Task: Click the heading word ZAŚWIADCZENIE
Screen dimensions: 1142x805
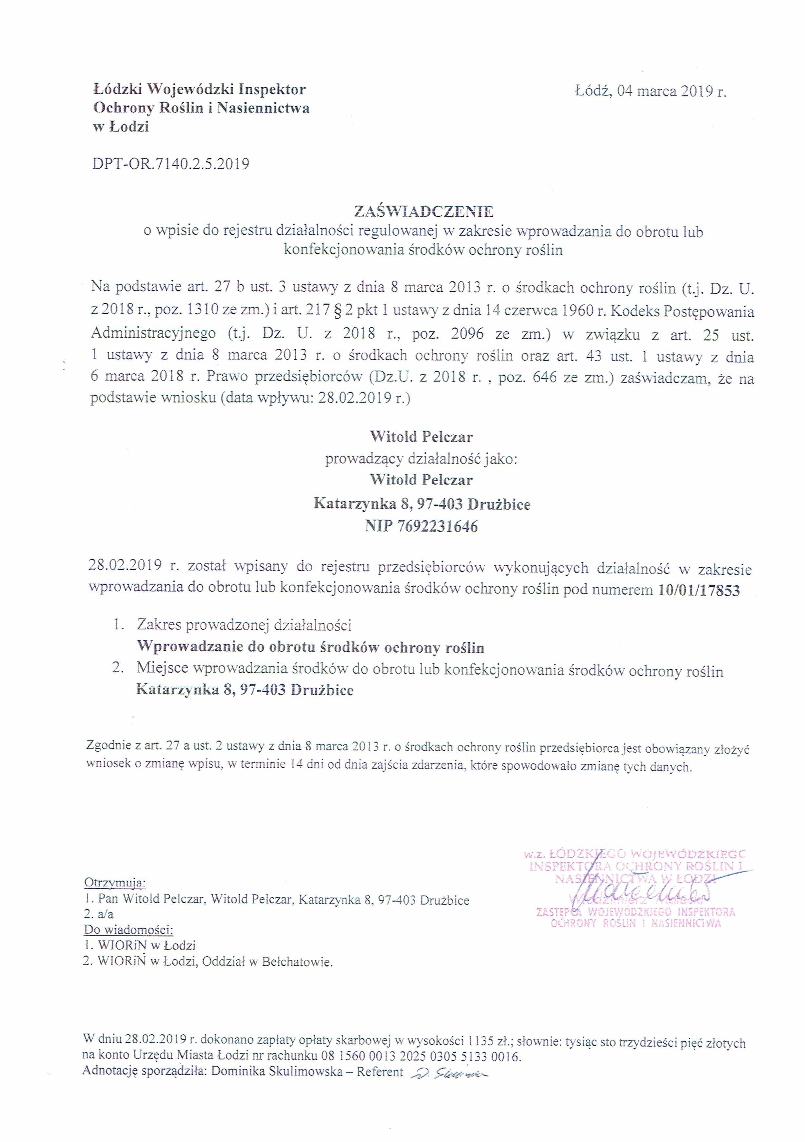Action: point(423,212)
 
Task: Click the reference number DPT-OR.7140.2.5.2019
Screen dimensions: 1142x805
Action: point(170,164)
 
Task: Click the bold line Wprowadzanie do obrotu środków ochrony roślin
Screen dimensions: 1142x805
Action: point(310,648)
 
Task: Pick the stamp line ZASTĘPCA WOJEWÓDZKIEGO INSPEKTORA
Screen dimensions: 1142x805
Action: point(636,912)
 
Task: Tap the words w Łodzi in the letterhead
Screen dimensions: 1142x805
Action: point(121,127)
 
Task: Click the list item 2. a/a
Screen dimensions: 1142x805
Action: point(99,914)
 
